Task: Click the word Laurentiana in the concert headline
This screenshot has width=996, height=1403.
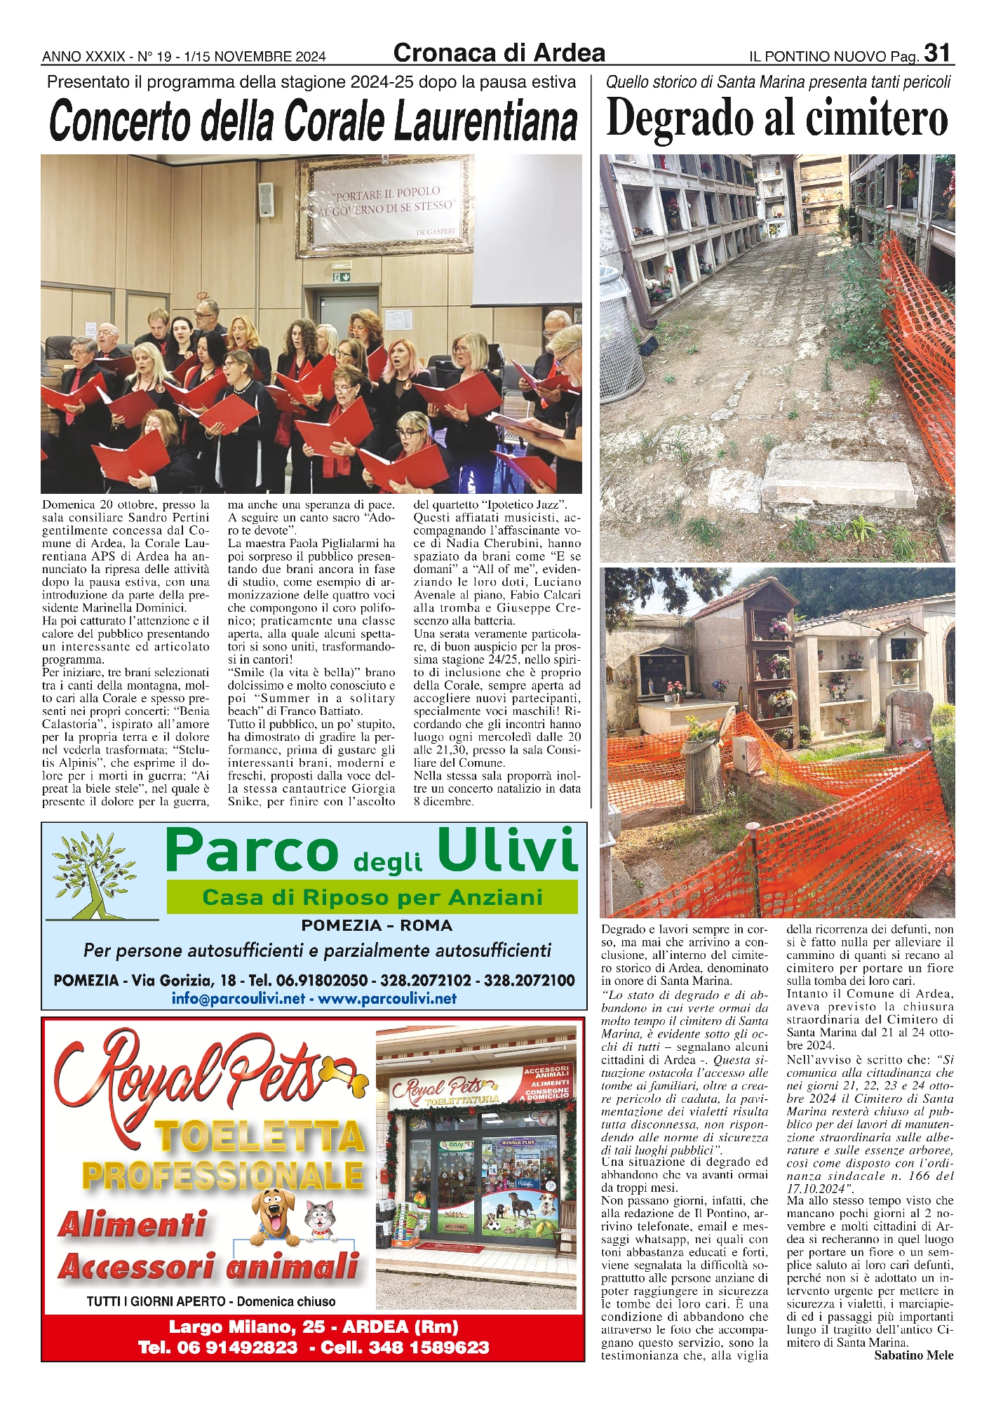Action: [485, 122]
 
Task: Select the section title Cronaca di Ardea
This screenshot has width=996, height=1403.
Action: [499, 53]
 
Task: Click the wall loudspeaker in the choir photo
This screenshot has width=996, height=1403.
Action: [265, 199]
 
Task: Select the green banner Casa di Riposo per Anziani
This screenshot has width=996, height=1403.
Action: [372, 897]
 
